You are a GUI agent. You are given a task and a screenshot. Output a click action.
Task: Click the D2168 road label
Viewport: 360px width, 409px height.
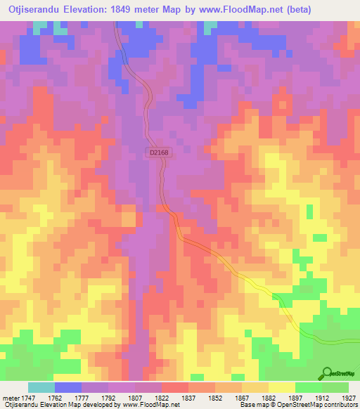158,151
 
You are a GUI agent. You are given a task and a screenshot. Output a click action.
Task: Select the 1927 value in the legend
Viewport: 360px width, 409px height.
348,397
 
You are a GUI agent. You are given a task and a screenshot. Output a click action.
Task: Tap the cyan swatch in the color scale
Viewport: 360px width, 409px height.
41,387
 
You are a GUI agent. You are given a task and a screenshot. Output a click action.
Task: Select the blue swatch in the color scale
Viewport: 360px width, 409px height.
68,387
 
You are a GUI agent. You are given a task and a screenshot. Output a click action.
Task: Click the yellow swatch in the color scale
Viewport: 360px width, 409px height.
282,387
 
